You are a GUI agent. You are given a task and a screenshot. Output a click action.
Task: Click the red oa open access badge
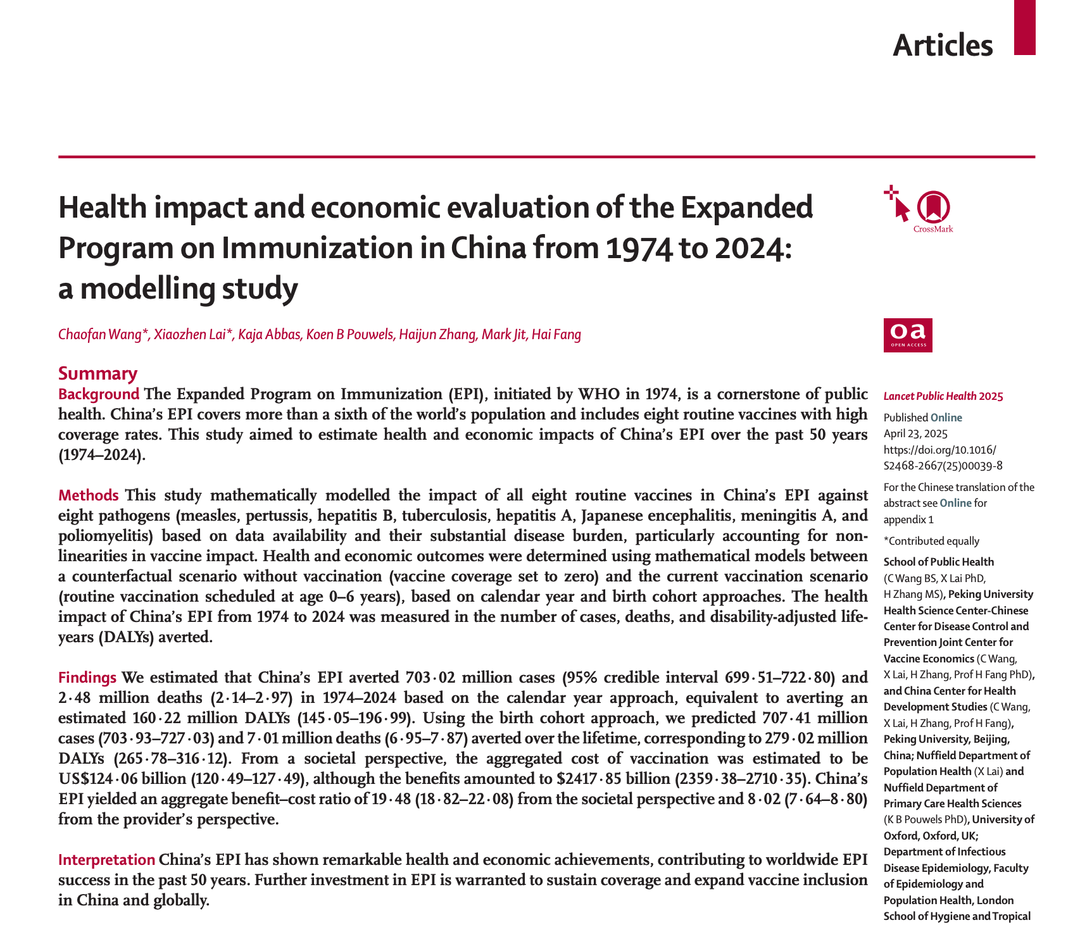pyautogui.click(x=908, y=335)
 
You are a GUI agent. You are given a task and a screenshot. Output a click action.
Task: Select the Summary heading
pyautogui.click(x=97, y=373)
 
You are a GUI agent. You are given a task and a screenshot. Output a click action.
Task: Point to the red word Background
pyautogui.click(x=99, y=394)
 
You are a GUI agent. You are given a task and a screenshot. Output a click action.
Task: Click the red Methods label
pyautogui.click(x=88, y=495)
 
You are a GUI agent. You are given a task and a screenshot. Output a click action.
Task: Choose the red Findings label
pyautogui.click(x=87, y=678)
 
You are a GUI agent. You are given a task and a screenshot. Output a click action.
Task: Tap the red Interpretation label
pyautogui.click(x=106, y=860)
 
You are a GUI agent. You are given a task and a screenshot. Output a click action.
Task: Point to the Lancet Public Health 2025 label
pyautogui.click(x=943, y=397)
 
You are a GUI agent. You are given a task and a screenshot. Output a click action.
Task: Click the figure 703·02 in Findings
pyautogui.click(x=429, y=678)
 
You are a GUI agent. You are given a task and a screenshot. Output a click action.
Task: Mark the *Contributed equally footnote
pyautogui.click(x=931, y=541)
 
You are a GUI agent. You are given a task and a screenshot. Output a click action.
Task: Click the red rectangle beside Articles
pyautogui.click(x=1024, y=27)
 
